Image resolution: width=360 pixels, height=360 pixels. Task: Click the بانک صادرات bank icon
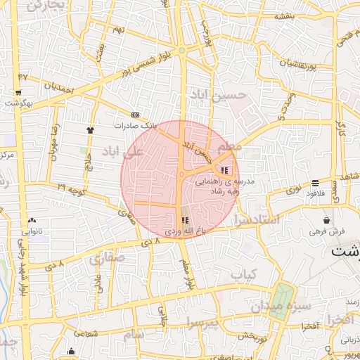[135, 115]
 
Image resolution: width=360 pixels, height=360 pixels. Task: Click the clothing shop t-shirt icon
[90, 130]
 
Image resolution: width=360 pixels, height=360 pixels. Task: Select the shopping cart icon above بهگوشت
[18, 92]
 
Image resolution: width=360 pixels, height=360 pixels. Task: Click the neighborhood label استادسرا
[259, 220]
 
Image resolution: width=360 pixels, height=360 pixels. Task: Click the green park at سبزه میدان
[283, 301]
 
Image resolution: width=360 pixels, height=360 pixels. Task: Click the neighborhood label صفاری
[107, 259]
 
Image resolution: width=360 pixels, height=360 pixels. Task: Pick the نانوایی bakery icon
[33, 220]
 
